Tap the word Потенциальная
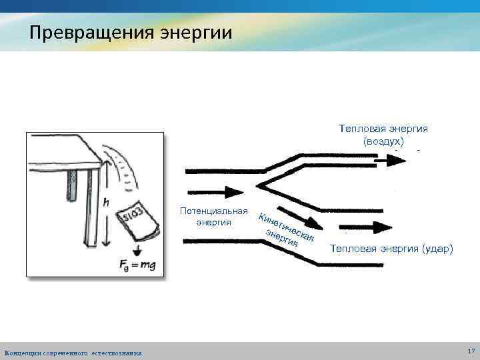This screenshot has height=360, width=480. (x=214, y=211)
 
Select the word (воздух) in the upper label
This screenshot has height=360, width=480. (x=383, y=141)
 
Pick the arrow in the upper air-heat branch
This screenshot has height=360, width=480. (x=385, y=161)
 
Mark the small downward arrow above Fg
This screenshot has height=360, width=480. (x=137, y=250)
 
